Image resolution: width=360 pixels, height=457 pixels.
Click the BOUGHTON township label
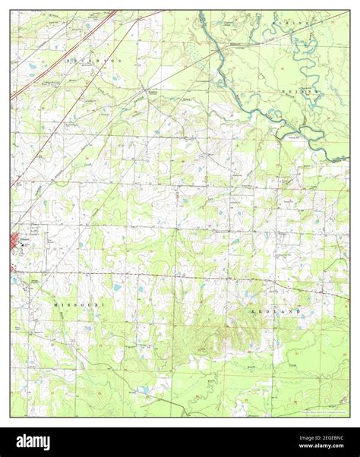click(93, 59)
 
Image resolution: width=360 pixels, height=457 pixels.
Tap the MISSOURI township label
click(80, 303)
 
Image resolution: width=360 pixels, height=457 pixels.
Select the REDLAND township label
click(275, 311)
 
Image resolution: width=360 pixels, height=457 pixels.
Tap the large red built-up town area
click(15, 244)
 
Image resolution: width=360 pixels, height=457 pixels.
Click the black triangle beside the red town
click(24, 244)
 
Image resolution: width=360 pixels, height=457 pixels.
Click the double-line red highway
click(61, 53)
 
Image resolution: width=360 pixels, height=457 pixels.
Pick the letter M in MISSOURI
click(56, 303)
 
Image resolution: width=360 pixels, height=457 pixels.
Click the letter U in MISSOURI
click(90, 303)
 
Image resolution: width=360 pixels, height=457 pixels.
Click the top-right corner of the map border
click(350, 10)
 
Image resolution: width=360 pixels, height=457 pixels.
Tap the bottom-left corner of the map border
click(10, 417)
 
